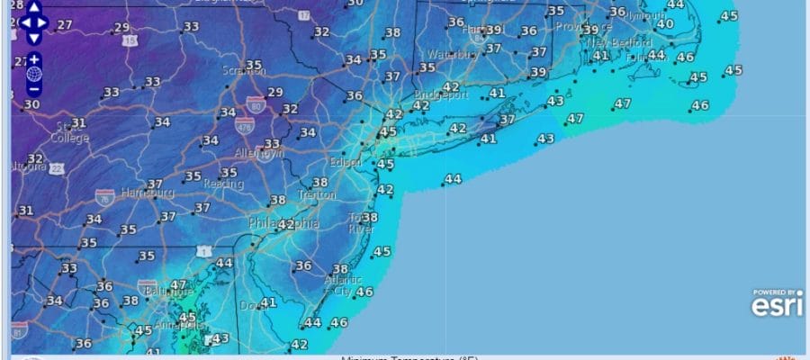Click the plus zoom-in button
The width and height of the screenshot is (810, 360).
[33, 59]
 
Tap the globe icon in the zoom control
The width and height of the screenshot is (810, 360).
[33, 74]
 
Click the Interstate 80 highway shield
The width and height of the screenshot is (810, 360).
[256, 103]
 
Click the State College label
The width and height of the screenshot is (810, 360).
[70, 132]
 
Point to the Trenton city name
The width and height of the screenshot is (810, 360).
[317, 195]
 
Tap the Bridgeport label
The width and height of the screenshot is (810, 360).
[441, 94]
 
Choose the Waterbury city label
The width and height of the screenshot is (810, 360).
[451, 55]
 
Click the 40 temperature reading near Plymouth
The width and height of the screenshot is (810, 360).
[665, 24]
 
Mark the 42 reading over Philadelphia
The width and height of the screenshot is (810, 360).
[285, 224]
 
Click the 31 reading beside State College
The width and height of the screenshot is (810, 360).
[79, 123]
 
